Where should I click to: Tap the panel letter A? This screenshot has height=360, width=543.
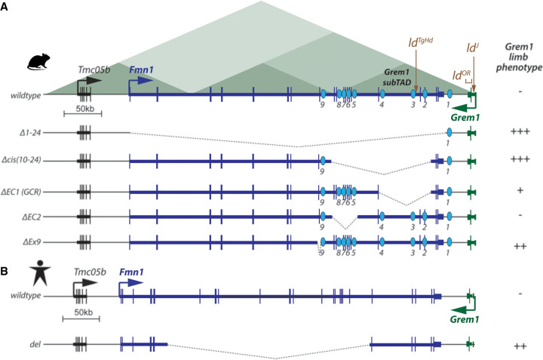pyautogui.click(x=7, y=7)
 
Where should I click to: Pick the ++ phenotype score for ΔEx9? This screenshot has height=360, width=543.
pyautogui.click(x=520, y=246)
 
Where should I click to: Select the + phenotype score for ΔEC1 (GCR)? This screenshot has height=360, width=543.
pyautogui.click(x=520, y=190)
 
